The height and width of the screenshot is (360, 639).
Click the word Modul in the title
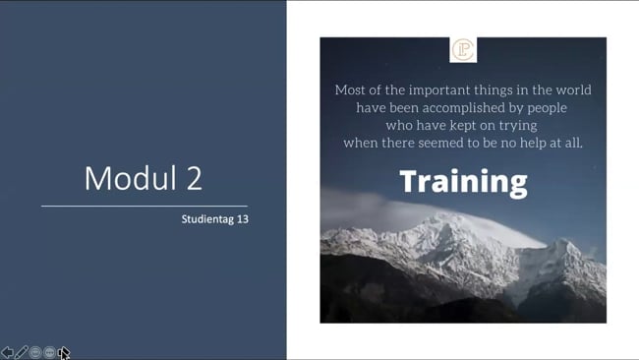(x=131, y=178)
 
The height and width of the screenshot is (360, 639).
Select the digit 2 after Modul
(x=195, y=178)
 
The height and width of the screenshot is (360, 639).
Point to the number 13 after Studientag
(x=243, y=219)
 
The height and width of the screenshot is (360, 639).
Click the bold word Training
(x=463, y=182)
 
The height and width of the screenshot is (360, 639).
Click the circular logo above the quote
(x=463, y=50)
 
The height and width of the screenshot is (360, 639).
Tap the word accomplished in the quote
(x=463, y=107)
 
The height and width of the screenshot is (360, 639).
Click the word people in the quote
(x=547, y=108)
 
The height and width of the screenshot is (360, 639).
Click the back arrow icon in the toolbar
(x=7, y=352)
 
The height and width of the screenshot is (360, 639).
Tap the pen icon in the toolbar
(x=22, y=352)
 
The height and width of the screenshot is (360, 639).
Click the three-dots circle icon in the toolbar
(x=50, y=352)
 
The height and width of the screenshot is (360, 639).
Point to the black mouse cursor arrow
(x=64, y=353)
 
